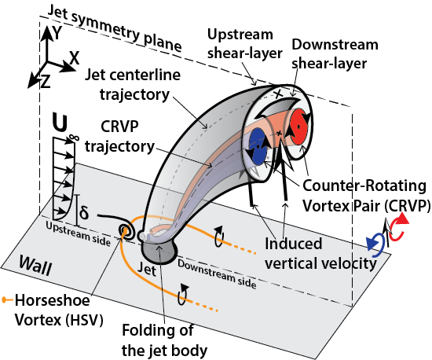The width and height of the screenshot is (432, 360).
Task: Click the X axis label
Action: (x=74, y=57)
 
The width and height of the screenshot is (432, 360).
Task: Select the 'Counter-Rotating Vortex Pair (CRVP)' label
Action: (x=366, y=196)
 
